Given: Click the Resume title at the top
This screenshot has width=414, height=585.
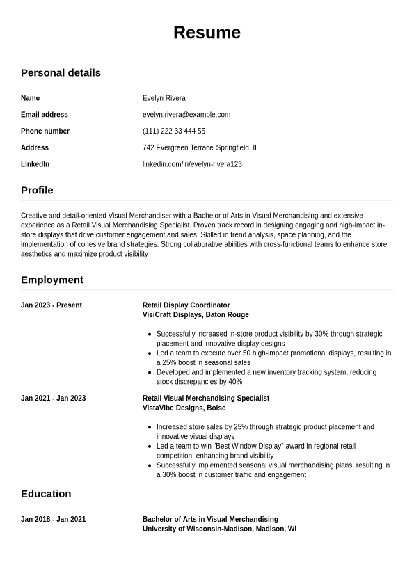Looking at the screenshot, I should coord(207,33).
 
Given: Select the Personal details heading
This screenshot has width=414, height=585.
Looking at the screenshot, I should coord(61,72).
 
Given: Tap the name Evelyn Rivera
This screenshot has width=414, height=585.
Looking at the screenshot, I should coord(164,98).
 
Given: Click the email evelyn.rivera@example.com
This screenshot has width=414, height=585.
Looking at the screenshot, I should coord(186,115).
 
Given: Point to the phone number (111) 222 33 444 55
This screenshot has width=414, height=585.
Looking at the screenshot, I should coord(174,131).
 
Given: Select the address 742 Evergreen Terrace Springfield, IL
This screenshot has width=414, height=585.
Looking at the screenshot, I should coord(200,148).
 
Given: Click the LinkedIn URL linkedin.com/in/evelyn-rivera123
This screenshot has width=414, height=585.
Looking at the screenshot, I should coord(192,164).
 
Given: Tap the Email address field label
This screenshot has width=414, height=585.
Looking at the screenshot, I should coord(45,115).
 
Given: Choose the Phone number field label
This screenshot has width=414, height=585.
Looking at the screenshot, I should coord(45,131).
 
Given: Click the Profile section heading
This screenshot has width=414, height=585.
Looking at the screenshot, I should coord(37,190).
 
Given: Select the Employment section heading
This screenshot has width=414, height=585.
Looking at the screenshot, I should coord(52,280).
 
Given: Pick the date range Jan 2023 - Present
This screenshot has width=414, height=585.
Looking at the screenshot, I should coord(51,305).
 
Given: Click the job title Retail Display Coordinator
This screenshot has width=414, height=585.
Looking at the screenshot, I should coord(186,305).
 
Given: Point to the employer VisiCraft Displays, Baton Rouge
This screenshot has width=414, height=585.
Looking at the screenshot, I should coord(196,315).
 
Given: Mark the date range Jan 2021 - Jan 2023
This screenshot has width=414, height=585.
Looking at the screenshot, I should coord(54,399).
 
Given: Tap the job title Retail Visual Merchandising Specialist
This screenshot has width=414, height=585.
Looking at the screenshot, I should coord(206,399).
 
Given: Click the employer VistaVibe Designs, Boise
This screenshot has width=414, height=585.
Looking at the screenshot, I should coord(184,408).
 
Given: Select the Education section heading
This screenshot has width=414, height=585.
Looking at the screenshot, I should coord(46,494).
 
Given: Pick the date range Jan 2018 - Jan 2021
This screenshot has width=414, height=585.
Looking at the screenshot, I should coord(54,520).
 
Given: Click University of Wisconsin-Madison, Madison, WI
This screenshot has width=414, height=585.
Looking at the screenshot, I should coord(219,529).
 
